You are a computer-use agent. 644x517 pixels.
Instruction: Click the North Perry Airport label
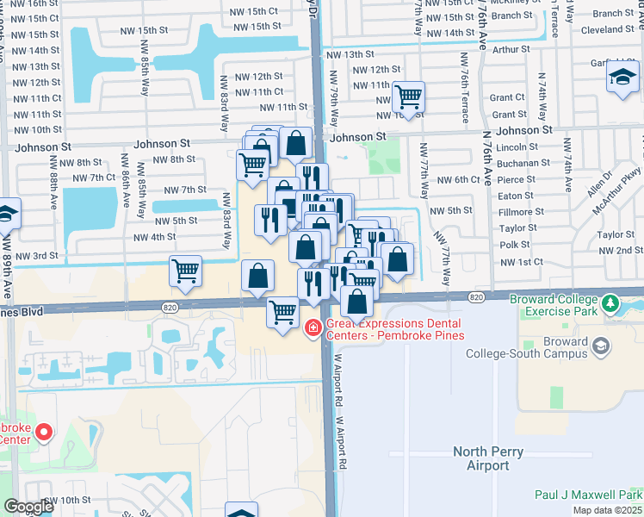(488, 458)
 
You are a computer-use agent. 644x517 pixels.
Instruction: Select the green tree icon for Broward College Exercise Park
(611, 303)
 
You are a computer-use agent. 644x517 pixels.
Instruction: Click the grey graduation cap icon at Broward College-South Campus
(601, 346)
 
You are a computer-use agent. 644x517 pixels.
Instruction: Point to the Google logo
(28, 507)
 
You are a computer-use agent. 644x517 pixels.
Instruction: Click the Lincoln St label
(517, 147)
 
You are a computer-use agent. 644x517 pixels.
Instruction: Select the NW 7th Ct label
(94, 178)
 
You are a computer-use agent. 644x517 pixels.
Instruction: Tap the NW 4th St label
(154, 237)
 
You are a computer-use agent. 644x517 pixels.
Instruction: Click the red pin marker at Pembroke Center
(42, 433)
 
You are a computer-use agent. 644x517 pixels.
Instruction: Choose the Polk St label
(514, 245)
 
